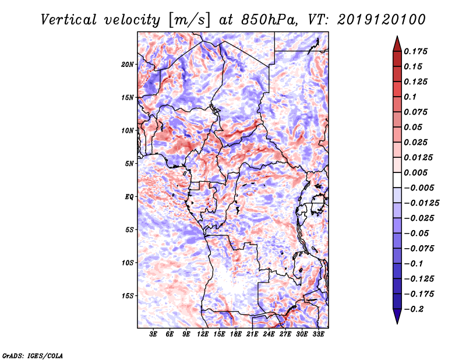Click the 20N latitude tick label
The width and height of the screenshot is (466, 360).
[x=128, y=64]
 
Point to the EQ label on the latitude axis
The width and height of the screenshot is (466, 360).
[x=129, y=197]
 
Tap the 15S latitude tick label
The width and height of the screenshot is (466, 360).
[x=128, y=296]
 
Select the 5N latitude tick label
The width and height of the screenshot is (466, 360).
[x=129, y=164]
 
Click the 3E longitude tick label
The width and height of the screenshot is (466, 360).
[x=154, y=334]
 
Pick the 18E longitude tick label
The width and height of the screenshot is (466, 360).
[x=220, y=334]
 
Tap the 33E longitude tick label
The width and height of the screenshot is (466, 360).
[x=318, y=334]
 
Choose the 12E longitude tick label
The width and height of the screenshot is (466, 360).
[x=203, y=334]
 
